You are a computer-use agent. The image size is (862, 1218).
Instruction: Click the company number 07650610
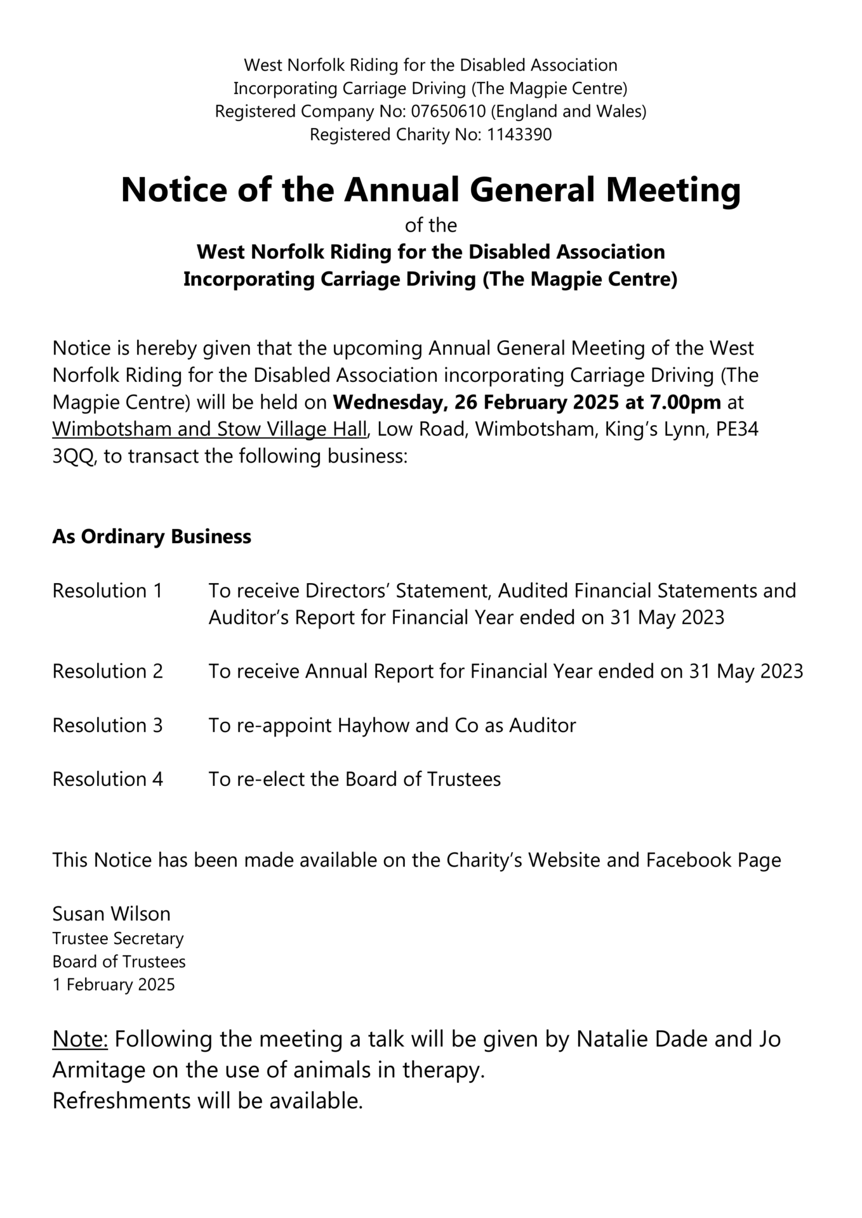tap(448, 112)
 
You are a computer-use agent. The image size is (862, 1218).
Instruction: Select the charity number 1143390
tap(519, 135)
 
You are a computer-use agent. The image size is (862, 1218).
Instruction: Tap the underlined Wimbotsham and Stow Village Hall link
tap(209, 429)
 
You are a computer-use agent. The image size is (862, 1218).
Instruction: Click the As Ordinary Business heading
tap(152, 537)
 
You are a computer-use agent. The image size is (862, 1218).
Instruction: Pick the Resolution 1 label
tap(107, 591)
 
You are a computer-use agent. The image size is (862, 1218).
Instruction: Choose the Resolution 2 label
tap(107, 671)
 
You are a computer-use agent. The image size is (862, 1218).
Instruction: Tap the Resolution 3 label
tap(107, 725)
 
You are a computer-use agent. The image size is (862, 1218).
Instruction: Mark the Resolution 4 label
tap(107, 779)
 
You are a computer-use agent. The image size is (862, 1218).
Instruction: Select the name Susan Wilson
tap(111, 914)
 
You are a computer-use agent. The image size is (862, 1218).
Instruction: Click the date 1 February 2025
tap(114, 985)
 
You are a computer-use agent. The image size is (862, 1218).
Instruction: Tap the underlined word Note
tap(80, 1039)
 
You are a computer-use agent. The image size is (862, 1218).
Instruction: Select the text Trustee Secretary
tap(118, 938)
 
